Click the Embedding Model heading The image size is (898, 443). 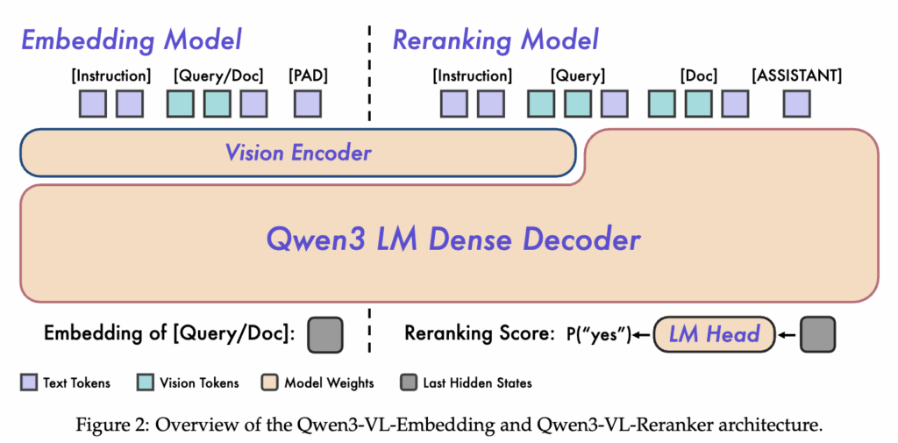tap(131, 39)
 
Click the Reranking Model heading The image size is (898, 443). tap(495, 39)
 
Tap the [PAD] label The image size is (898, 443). tap(307, 76)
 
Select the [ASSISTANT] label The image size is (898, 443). tap(796, 76)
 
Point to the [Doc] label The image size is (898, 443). tap(698, 76)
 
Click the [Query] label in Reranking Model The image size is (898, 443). tap(577, 76)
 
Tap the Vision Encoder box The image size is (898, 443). tap(298, 154)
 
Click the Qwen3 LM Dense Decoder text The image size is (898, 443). tap(453, 239)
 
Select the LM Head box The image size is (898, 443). tap(715, 334)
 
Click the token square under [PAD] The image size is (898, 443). tap(307, 104)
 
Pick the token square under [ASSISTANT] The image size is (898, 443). tap(796, 104)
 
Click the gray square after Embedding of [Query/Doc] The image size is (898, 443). tap(325, 334)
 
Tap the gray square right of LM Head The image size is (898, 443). tap(817, 334)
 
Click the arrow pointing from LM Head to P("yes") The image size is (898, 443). tap(643, 335)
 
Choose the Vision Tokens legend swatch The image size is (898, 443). tap(146, 382)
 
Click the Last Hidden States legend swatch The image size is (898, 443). tap(408, 382)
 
